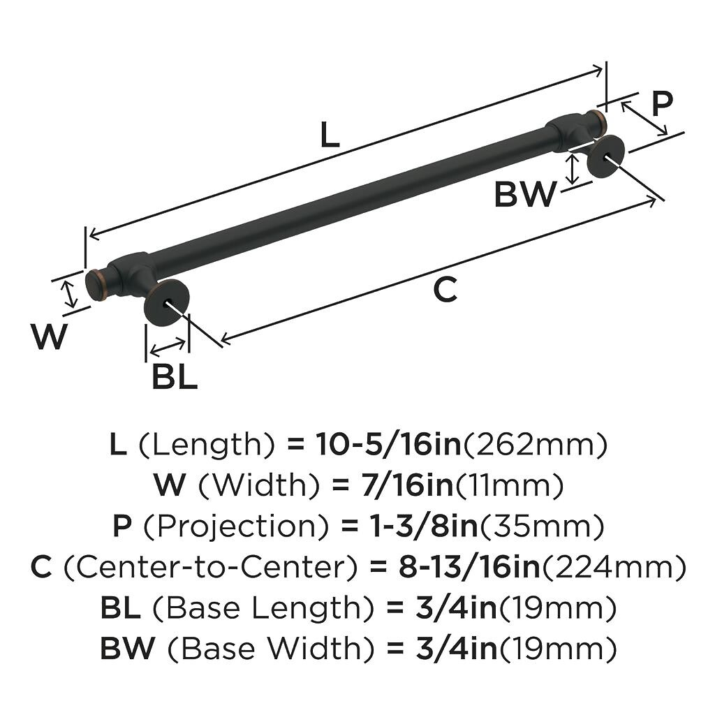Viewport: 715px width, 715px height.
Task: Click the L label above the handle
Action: (330, 135)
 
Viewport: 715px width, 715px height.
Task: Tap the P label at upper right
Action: (661, 103)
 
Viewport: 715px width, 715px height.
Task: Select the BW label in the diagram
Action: (525, 195)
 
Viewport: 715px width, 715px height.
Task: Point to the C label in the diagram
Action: (445, 290)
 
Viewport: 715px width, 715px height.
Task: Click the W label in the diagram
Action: (49, 338)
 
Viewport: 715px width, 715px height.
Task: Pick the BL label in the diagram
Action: (175, 378)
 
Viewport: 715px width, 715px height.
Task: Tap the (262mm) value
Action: (536, 445)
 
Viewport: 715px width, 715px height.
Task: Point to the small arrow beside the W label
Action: (69, 293)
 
